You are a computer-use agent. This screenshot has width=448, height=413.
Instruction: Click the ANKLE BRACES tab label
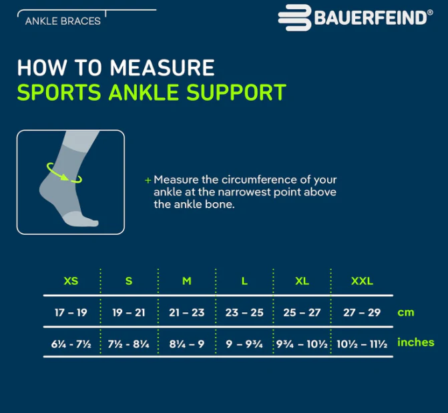tap(63, 21)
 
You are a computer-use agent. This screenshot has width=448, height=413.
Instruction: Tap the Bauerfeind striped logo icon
tap(294, 18)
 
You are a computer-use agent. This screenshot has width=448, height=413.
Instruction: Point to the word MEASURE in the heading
tap(162, 67)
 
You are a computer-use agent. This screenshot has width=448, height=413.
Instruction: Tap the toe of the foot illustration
tap(91, 222)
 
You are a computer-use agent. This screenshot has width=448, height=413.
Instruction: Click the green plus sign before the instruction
tap(148, 180)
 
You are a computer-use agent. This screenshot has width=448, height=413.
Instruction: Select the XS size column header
tap(71, 281)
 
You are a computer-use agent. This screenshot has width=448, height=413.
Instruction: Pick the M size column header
tap(187, 281)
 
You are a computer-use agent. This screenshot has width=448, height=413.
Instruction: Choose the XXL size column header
tap(362, 281)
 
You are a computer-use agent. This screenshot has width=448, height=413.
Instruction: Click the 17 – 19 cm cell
tap(71, 312)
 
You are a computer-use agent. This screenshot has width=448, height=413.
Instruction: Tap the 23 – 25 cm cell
tap(244, 312)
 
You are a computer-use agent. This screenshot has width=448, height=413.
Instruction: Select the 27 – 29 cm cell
tap(362, 312)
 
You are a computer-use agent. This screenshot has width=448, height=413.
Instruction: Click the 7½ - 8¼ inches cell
tap(129, 344)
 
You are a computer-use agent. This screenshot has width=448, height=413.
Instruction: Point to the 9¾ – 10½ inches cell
tap(302, 344)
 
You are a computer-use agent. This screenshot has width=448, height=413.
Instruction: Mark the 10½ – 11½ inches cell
tap(362, 344)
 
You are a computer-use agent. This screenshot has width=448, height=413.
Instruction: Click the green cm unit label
tap(406, 312)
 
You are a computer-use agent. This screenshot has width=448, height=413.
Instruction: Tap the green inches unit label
tap(416, 342)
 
